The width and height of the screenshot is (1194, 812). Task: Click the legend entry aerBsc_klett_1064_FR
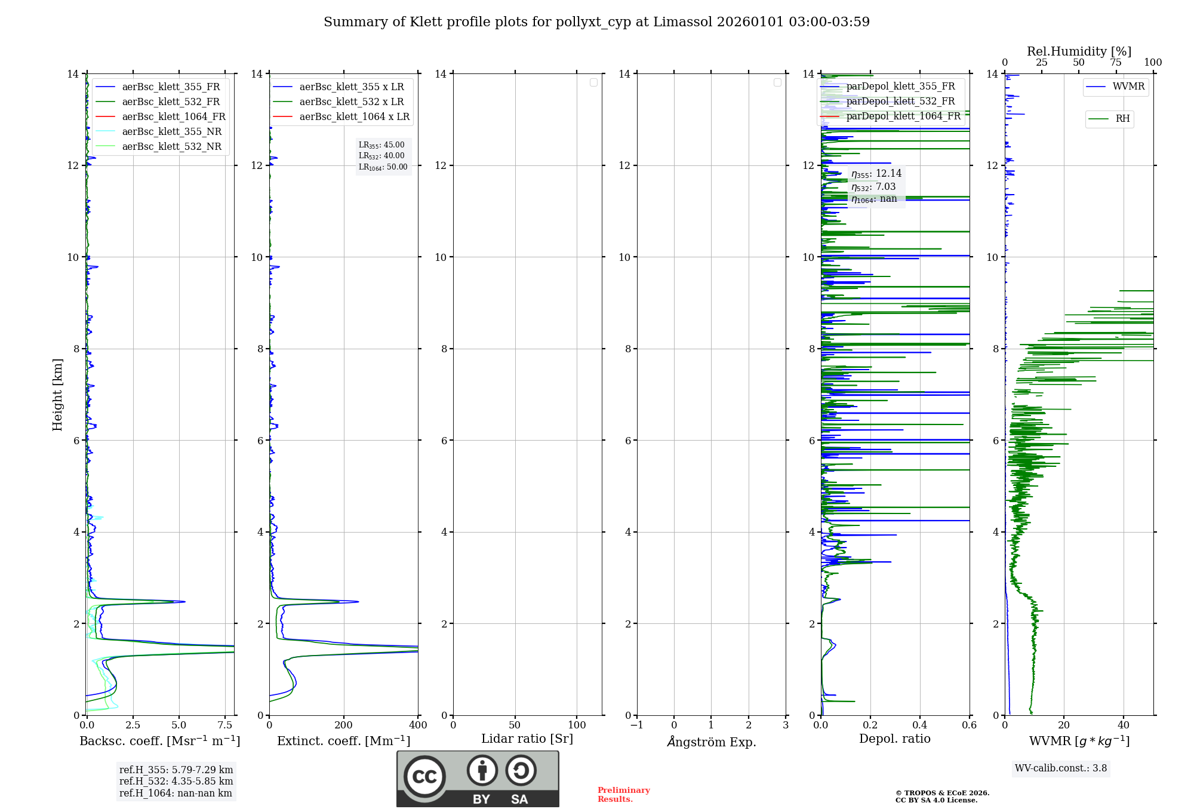pyautogui.click(x=173, y=116)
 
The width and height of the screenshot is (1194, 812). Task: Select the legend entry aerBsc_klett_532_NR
pyautogui.click(x=171, y=146)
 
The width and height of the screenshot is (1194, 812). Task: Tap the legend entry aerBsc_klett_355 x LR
pyautogui.click(x=351, y=87)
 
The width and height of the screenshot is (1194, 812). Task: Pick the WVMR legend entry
pyautogui.click(x=1128, y=87)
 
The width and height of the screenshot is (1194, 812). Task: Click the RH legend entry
pyautogui.click(x=1122, y=119)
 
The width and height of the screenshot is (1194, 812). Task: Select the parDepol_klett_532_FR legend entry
pyautogui.click(x=900, y=101)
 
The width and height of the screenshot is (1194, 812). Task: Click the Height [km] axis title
pyautogui.click(x=57, y=395)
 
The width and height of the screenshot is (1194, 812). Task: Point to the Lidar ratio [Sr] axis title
pyautogui.click(x=527, y=739)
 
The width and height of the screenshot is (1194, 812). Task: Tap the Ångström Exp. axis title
pyautogui.click(x=711, y=742)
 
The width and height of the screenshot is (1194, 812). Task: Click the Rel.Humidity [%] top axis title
pyautogui.click(x=1079, y=51)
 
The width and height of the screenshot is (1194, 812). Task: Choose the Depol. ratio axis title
pyautogui.click(x=894, y=739)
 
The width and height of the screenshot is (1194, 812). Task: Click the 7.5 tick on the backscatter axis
pyautogui.click(x=225, y=725)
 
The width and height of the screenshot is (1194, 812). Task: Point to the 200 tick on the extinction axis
pyautogui.click(x=343, y=725)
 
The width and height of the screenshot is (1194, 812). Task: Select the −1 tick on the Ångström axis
pyautogui.click(x=636, y=725)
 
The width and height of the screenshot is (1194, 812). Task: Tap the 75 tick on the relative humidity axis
pyautogui.click(x=1115, y=63)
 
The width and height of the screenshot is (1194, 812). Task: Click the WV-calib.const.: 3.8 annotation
pyautogui.click(x=1060, y=768)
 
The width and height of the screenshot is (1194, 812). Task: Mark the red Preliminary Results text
pyautogui.click(x=623, y=794)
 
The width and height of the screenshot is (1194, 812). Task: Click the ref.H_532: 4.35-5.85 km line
pyautogui.click(x=176, y=781)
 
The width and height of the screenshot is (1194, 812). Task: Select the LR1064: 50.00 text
pyautogui.click(x=383, y=167)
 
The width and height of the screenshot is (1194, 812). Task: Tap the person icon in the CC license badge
pyautogui.click(x=482, y=771)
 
